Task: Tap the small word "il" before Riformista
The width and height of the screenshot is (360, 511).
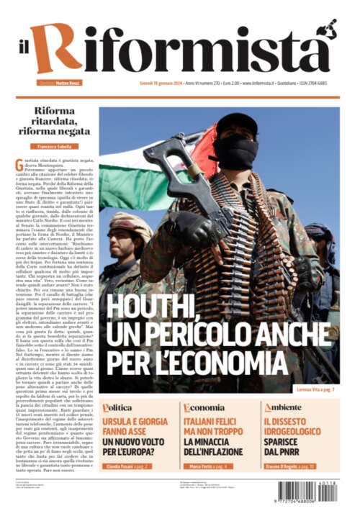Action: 24,61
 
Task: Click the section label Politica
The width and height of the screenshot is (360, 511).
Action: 117,407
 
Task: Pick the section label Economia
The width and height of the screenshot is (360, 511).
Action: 203,407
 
